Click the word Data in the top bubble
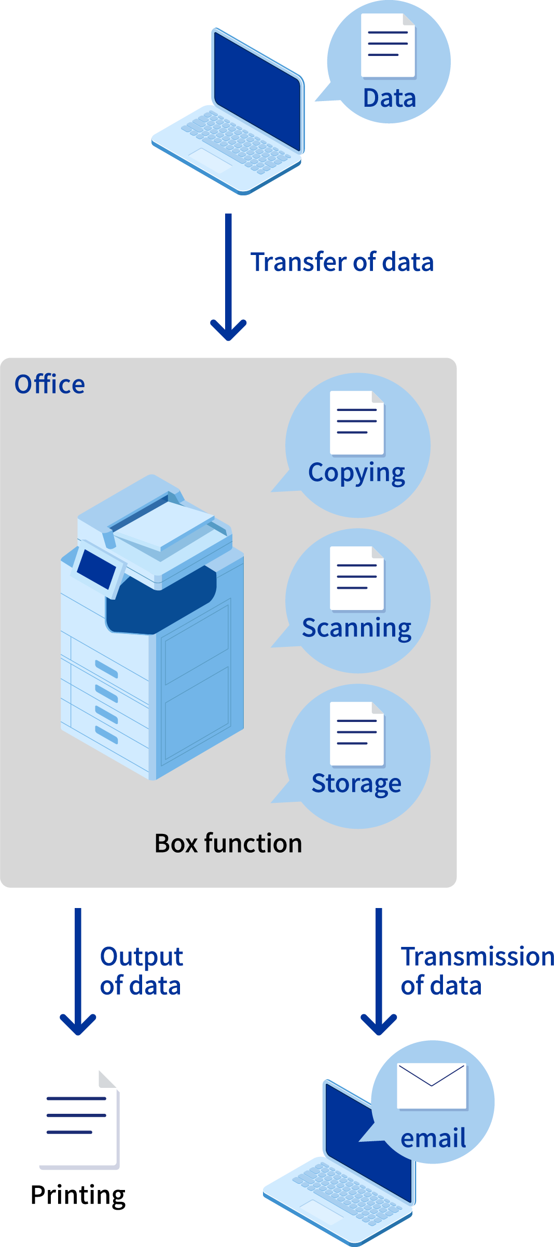(x=390, y=98)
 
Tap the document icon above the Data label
(x=388, y=46)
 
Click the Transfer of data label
(x=342, y=262)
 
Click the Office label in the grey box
(x=50, y=385)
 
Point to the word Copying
(x=356, y=473)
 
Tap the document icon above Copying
(x=357, y=423)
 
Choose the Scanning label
(x=356, y=628)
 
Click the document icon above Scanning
(x=357, y=578)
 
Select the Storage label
(x=356, y=784)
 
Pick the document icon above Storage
(x=357, y=734)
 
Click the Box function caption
(x=228, y=843)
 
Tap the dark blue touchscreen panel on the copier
(x=96, y=569)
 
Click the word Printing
(x=78, y=1195)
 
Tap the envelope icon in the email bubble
(x=432, y=1086)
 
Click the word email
(x=433, y=1139)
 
